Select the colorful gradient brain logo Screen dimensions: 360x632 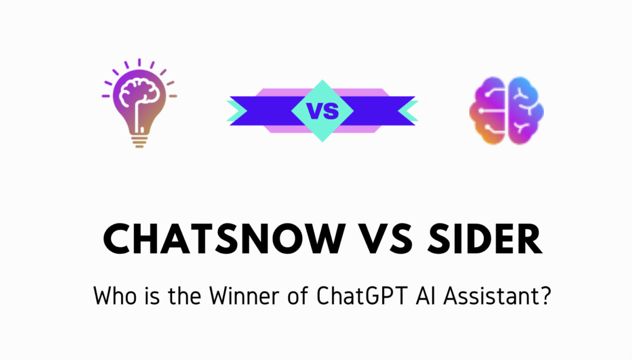point(506,111)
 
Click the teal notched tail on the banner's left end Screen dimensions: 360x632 point(238,111)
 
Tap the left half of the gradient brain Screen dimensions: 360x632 point(488,111)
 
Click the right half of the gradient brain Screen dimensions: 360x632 point(525,111)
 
